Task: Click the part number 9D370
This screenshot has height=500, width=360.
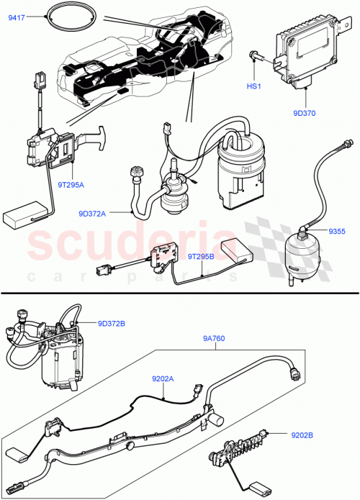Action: click(x=305, y=112)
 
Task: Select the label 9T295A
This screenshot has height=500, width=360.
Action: click(x=71, y=185)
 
